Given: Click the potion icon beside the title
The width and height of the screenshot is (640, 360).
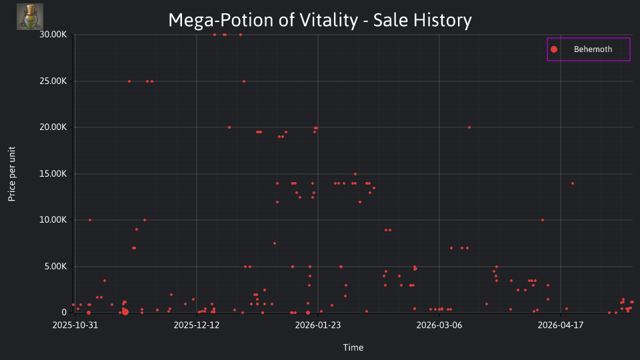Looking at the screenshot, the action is [x=30, y=17].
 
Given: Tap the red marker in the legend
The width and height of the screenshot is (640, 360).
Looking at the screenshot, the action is [x=554, y=49].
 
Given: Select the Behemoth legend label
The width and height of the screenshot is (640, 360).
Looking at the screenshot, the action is [x=593, y=49].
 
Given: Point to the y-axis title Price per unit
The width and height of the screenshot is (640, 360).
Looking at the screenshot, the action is [x=12, y=174].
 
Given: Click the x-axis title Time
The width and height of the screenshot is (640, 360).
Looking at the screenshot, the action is [x=353, y=347].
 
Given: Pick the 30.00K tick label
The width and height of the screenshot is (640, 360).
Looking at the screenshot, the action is [x=53, y=35].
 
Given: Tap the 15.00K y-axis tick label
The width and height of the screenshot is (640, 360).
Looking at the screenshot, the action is [x=53, y=174].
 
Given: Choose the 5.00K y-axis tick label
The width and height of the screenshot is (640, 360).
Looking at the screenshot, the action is [x=55, y=267].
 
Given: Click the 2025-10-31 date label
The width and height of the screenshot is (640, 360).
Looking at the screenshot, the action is [x=75, y=325].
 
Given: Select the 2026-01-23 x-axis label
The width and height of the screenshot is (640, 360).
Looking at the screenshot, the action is [x=317, y=325].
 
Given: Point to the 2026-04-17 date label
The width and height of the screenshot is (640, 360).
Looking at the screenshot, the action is [x=561, y=325].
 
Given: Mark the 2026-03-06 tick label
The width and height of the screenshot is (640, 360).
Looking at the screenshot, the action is [x=439, y=325].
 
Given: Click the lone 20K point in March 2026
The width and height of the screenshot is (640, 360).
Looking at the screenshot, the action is [x=469, y=127].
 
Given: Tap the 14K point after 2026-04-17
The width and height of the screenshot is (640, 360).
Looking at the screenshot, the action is [x=573, y=184].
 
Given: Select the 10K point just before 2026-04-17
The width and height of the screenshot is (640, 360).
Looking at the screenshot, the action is [x=543, y=220].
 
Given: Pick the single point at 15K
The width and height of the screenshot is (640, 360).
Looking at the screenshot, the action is [x=355, y=174].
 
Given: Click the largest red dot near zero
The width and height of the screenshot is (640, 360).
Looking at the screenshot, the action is [x=125, y=312].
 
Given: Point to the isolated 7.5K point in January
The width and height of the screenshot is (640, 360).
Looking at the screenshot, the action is [x=275, y=244].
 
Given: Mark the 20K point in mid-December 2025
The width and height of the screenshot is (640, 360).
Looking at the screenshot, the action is [x=229, y=127].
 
